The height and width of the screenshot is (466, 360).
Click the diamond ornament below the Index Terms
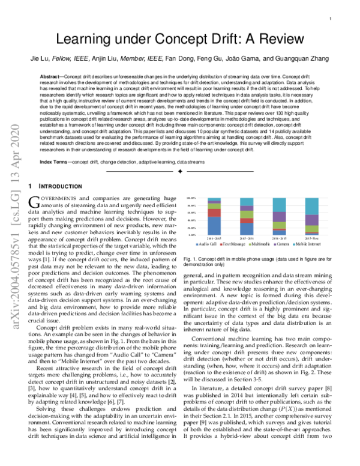tap(179, 172)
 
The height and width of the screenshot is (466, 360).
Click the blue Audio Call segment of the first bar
tap(214, 226)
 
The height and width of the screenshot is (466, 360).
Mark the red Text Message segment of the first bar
tap(214, 213)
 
